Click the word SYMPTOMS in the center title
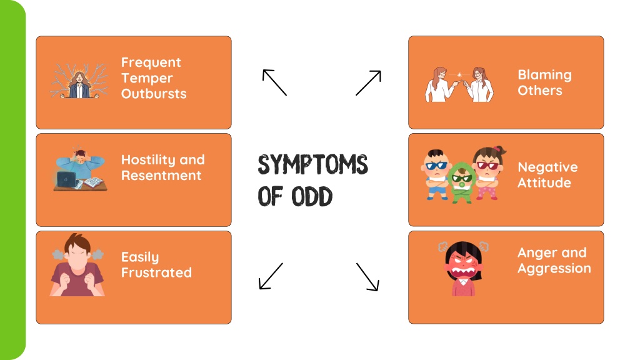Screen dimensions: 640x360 (312, 164)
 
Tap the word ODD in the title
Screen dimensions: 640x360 (312, 197)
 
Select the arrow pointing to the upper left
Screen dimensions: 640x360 (274, 82)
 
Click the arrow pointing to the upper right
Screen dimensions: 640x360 (369, 83)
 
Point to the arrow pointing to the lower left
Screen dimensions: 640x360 (271, 276)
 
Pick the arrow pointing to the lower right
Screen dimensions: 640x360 (367, 277)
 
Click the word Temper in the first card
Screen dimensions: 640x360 (147, 78)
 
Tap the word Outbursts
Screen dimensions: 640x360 (154, 94)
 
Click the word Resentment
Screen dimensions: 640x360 (161, 176)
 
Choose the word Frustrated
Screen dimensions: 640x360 (156, 272)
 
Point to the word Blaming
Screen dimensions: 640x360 (544, 76)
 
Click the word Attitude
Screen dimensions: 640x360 (544, 183)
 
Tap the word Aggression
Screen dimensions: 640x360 (554, 269)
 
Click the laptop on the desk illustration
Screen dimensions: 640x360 (66, 179)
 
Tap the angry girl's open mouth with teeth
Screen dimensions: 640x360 (464, 271)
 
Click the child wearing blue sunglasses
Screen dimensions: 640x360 (436, 175)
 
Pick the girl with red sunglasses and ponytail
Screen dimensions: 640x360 (489, 172)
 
